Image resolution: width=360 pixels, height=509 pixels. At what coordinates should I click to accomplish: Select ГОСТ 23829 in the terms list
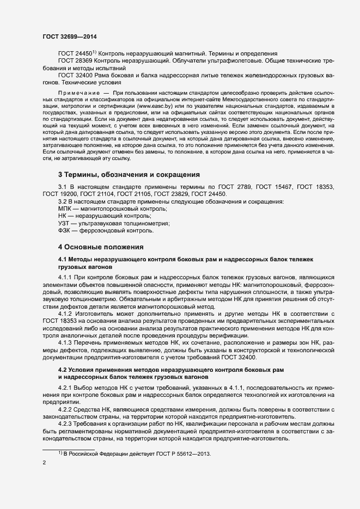pyautogui.click(x=173, y=194)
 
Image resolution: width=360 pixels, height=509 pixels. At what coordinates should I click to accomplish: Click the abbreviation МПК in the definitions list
pyautogui.click(x=65, y=209)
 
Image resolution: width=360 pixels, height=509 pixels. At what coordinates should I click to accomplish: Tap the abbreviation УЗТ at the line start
pyautogui.click(x=65, y=223)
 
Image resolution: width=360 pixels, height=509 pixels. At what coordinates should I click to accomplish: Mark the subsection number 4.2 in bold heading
pyautogui.click(x=64, y=370)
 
